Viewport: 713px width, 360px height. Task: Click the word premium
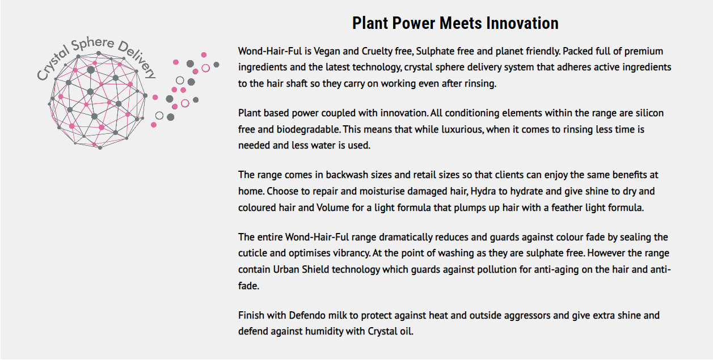[644, 51]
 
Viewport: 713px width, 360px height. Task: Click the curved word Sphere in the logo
[92, 44]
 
